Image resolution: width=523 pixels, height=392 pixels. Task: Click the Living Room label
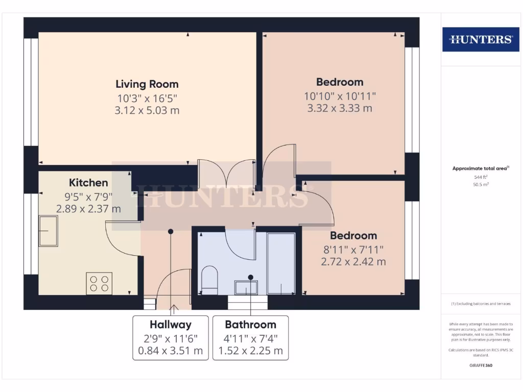(147, 84)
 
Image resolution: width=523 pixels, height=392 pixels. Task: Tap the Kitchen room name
(88, 183)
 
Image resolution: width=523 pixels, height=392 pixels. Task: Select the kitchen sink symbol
(49, 231)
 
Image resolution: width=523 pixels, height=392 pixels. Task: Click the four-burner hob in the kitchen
(100, 283)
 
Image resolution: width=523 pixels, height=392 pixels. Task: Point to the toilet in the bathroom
(209, 280)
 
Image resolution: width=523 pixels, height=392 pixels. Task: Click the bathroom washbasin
(246, 287)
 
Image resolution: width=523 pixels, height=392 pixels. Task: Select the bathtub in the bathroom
(281, 263)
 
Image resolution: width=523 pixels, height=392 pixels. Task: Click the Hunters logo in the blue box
(480, 39)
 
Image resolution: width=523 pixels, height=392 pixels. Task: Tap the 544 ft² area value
(481, 177)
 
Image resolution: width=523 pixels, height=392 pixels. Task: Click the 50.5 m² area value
(481, 184)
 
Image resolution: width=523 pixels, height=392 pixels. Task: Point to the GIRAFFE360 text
(481, 365)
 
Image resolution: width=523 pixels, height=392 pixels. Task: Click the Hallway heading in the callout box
(171, 325)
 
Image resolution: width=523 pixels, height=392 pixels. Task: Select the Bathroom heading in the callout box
(250, 325)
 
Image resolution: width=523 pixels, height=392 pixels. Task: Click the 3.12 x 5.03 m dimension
(147, 110)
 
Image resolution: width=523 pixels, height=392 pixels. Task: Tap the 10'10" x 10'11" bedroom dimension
(340, 95)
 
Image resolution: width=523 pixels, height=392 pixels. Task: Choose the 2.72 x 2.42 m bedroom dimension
(353, 262)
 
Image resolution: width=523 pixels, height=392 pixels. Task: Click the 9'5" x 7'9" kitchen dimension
(88, 196)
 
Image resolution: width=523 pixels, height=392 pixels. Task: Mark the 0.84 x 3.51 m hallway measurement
(171, 351)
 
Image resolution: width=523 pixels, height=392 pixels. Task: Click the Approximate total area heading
(481, 168)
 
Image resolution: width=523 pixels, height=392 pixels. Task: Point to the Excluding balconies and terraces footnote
(481, 304)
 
